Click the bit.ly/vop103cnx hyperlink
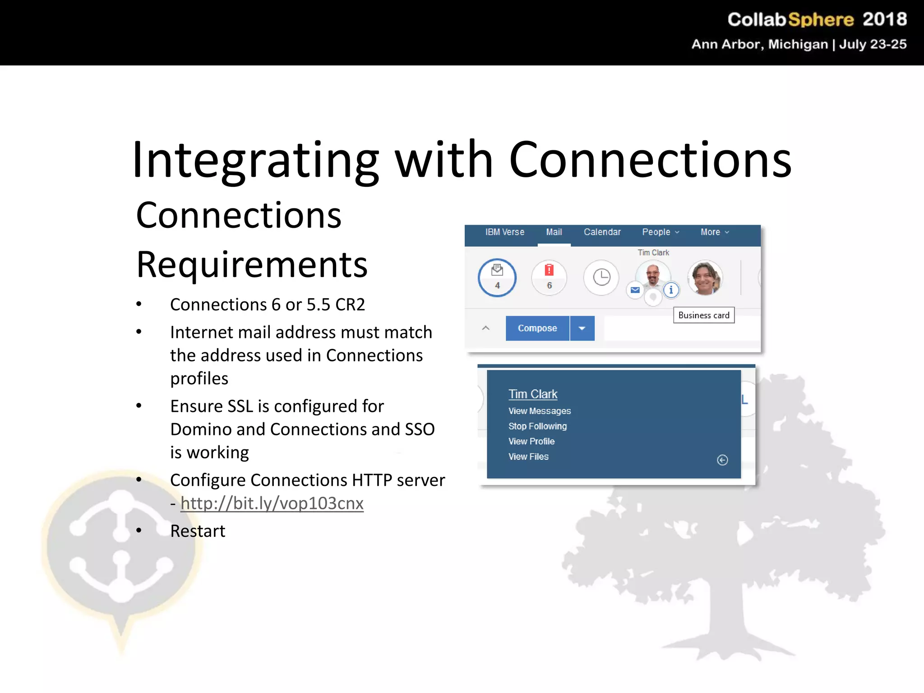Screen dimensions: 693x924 pos(272,504)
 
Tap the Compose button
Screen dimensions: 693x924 pos(537,328)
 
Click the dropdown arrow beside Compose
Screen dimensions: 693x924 pos(582,328)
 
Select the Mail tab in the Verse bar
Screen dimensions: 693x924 pos(554,232)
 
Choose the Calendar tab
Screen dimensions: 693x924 pos(602,232)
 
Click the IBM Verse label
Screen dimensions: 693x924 pos(504,232)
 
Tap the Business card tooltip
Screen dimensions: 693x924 pos(704,315)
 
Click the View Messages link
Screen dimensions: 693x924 pos(540,411)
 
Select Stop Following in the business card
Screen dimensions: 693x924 pos(537,426)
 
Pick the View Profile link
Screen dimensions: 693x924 pos(531,441)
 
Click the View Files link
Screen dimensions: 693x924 pos(528,457)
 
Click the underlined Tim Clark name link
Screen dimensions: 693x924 pos(533,394)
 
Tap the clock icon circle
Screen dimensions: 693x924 pos(601,277)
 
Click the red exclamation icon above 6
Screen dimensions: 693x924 pos(549,270)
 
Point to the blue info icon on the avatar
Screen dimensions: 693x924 pos(671,290)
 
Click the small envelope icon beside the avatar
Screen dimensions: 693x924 pos(635,290)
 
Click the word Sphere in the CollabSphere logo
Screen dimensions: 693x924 pos(821,20)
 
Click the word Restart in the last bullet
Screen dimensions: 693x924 pos(198,531)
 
